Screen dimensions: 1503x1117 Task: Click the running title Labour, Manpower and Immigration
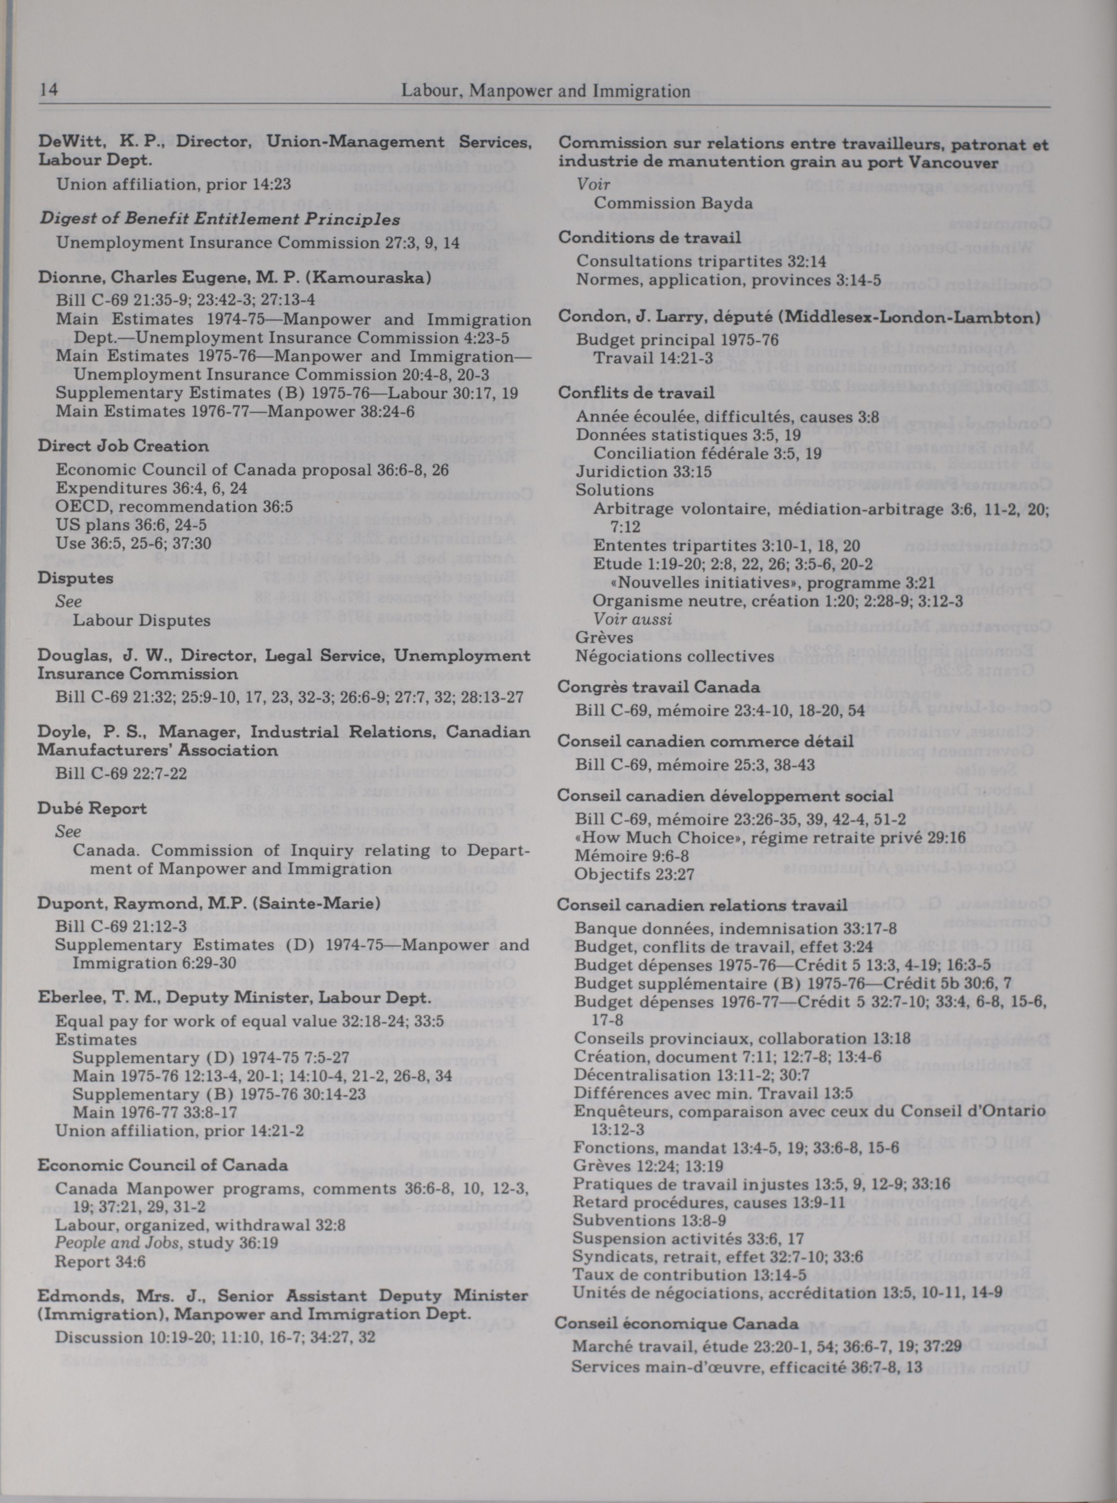click(546, 91)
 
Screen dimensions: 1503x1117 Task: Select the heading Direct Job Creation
click(123, 446)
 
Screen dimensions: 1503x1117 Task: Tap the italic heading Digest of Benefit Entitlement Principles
click(220, 220)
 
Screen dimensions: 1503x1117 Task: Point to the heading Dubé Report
click(92, 809)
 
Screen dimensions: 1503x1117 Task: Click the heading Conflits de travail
click(636, 393)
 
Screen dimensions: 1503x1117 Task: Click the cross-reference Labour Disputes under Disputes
click(141, 620)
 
